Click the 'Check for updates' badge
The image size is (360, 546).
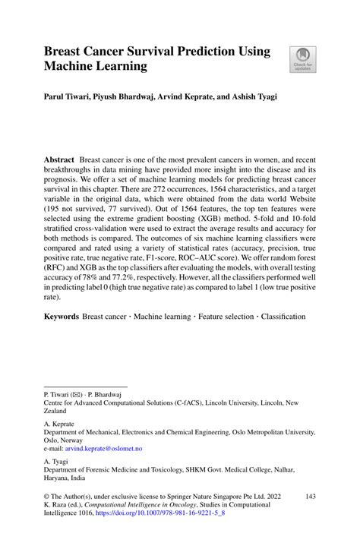click(x=302, y=59)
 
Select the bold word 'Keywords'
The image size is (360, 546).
click(x=61, y=316)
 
